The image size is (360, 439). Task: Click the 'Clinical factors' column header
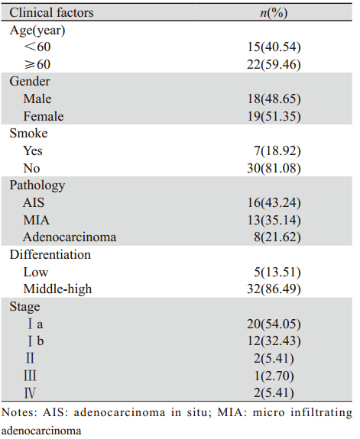[x=51, y=13]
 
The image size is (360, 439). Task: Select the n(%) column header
[x=274, y=13]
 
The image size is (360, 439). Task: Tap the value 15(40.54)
[x=274, y=47]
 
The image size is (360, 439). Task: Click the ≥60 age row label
[x=37, y=64]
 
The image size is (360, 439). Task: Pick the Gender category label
[x=30, y=82]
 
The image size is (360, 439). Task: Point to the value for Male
[x=274, y=98]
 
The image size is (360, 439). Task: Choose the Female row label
[x=44, y=116]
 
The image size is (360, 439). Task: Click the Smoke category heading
[x=28, y=133]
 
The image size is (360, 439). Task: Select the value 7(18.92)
[x=277, y=151]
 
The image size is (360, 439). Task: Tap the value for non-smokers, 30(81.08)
[x=274, y=168]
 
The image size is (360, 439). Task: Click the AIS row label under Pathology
[x=34, y=202]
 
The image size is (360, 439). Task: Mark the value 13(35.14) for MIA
[x=274, y=220]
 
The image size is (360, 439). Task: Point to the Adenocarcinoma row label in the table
[x=70, y=237]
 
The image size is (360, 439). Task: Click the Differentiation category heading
[x=50, y=255]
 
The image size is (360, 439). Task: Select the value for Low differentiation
[x=277, y=272]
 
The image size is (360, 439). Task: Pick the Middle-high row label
[x=57, y=289]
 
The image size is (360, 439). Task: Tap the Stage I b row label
[x=36, y=341]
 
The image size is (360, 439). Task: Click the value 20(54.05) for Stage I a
[x=274, y=324]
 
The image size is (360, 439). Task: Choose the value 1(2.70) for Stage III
[x=274, y=376]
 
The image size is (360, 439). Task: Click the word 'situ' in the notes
[x=197, y=413]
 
